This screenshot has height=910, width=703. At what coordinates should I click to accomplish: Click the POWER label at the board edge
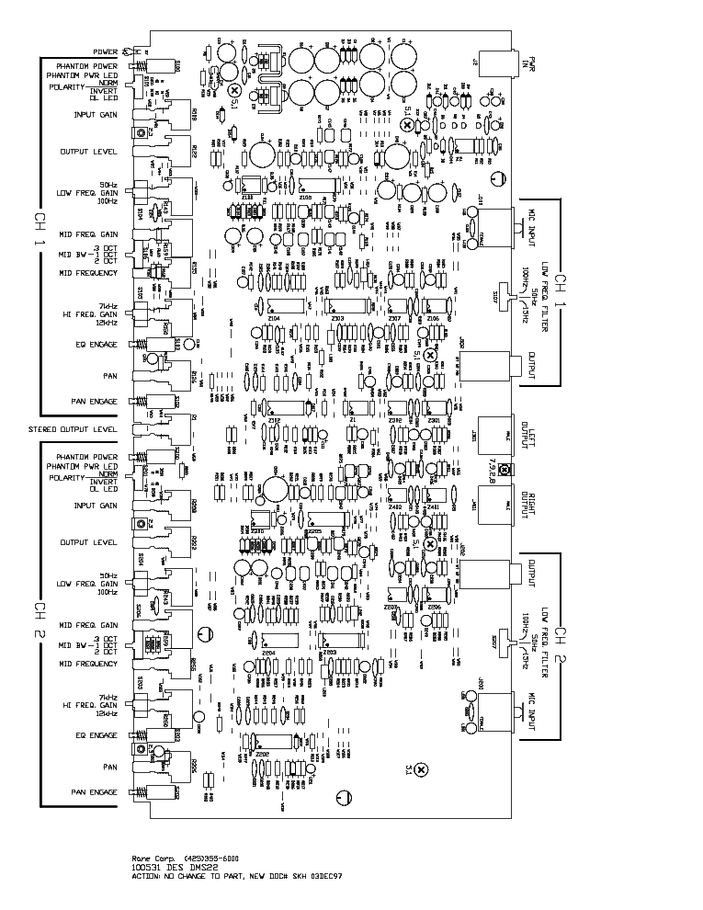[106, 51]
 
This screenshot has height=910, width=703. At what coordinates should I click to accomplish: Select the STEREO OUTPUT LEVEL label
[73, 429]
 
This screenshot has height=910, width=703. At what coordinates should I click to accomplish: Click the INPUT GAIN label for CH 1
[96, 115]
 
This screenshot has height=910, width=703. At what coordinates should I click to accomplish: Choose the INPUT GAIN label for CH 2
[96, 506]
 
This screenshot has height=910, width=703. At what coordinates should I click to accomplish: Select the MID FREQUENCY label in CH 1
[88, 273]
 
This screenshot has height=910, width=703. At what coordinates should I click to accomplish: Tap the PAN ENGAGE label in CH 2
[95, 791]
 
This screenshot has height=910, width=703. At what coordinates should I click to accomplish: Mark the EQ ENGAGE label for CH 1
[96, 345]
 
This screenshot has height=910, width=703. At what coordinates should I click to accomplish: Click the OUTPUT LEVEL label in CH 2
[88, 542]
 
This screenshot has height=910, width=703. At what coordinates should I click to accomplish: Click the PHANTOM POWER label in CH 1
[86, 67]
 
